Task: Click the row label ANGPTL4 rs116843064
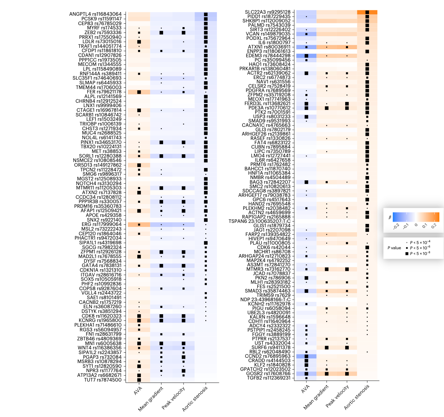click(x=95, y=14)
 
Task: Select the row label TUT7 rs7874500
click(x=103, y=380)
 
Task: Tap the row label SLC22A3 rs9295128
click(x=268, y=12)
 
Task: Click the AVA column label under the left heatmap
click(x=138, y=391)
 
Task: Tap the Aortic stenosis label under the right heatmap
click(x=357, y=397)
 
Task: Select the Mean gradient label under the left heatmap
click(x=151, y=399)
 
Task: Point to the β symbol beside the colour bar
click(x=390, y=218)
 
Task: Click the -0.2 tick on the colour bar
click(x=396, y=227)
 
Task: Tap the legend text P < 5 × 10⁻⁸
click(x=420, y=253)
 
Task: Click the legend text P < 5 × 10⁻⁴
click(x=420, y=242)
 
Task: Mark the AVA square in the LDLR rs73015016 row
click(x=139, y=42)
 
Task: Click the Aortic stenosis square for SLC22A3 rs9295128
click(x=367, y=12)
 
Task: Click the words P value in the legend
click(x=394, y=248)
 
